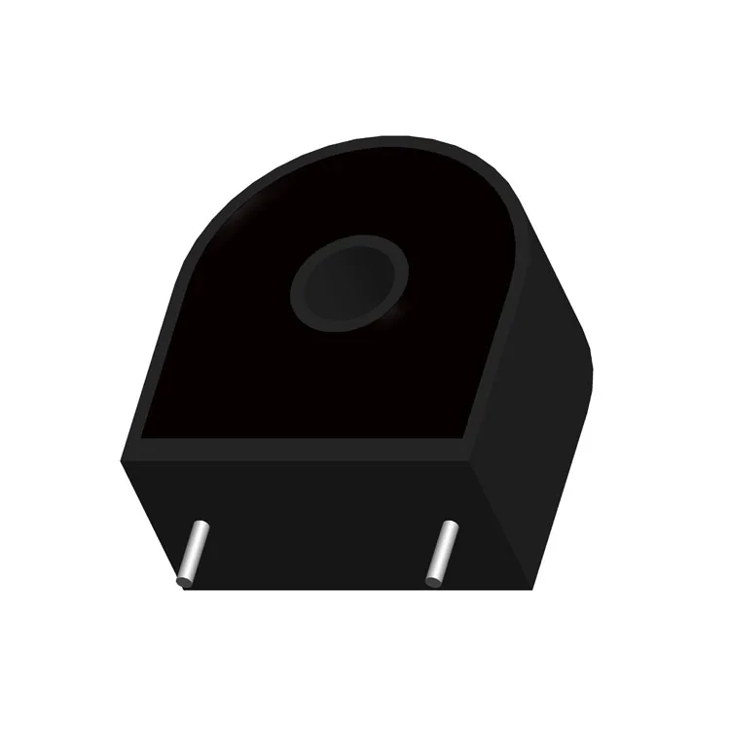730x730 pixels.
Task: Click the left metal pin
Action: tap(192, 553)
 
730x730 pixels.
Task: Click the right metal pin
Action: tap(441, 552)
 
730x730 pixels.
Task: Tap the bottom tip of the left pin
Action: tap(183, 583)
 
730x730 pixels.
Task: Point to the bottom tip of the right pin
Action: tap(432, 583)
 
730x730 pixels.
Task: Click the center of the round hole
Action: tap(347, 283)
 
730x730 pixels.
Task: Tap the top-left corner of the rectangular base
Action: tap(124, 457)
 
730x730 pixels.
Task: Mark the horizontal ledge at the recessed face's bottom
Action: tap(302, 449)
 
